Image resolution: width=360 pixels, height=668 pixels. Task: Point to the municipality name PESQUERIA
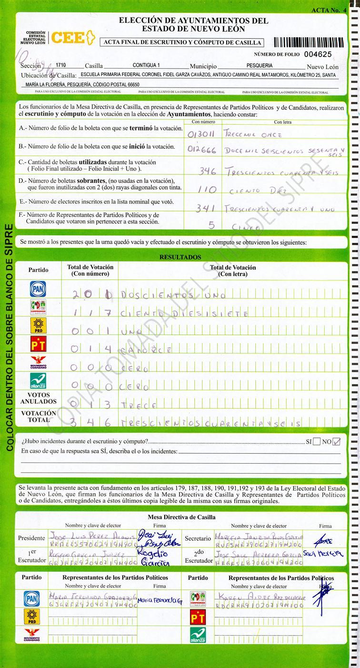(x=260, y=65)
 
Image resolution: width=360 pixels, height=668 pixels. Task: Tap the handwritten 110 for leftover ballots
(x=207, y=190)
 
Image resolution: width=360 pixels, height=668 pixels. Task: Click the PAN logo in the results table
(x=38, y=289)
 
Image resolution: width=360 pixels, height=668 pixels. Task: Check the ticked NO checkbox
(x=337, y=441)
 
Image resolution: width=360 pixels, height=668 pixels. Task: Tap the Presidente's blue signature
(x=153, y=537)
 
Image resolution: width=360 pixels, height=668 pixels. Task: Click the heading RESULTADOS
(x=180, y=257)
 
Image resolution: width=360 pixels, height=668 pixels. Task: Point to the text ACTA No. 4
(x=329, y=10)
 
